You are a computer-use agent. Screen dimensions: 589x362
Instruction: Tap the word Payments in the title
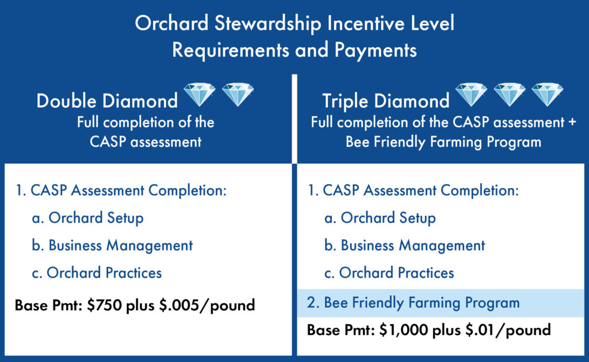376,51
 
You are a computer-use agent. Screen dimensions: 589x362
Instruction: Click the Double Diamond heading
107,101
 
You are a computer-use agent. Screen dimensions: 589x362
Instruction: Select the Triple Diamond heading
386,101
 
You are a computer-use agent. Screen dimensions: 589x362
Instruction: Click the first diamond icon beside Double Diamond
200,94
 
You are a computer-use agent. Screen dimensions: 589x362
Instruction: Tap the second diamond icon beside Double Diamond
238,94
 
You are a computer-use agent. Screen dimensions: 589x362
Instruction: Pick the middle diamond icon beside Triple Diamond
510,94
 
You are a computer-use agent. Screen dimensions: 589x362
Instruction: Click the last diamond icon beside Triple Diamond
548,94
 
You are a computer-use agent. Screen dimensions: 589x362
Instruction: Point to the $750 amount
105,305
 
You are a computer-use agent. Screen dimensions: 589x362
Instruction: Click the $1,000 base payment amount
403,330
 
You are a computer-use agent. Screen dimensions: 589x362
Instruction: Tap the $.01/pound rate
508,330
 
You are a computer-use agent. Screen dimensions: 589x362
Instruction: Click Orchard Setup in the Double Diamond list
96,218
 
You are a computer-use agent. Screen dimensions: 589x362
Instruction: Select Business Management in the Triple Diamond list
413,246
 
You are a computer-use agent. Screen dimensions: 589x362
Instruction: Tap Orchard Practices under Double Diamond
104,273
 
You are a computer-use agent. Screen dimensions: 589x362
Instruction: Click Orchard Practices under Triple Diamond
396,273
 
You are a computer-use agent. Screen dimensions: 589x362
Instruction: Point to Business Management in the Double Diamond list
121,246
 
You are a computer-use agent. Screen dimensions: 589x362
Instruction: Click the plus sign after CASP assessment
572,123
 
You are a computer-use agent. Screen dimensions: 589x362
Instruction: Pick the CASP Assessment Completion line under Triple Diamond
413,190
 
